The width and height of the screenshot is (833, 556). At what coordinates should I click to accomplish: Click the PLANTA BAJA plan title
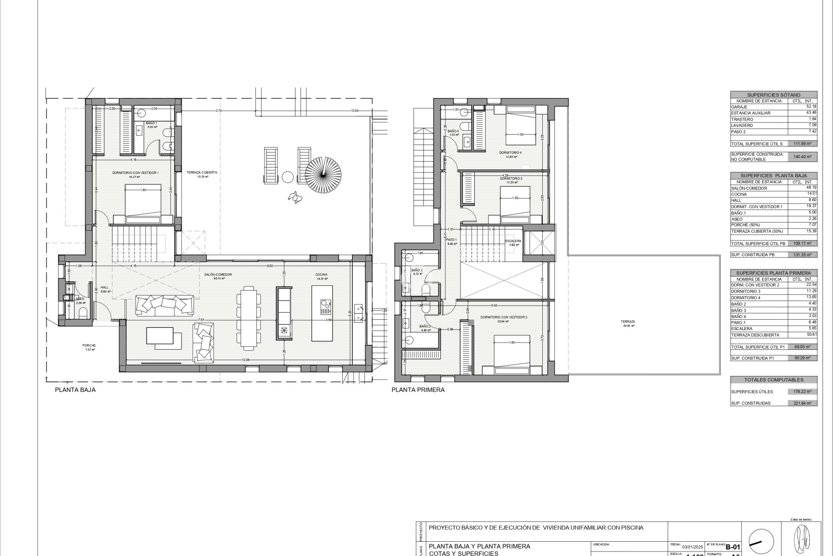tap(75, 390)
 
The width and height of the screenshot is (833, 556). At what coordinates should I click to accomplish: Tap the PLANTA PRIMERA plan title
tap(418, 390)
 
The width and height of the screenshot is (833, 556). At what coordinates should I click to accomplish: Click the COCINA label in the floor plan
tap(321, 275)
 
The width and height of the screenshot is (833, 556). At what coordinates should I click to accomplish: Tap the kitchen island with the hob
tap(322, 313)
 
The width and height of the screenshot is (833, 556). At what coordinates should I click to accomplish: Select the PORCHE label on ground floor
tap(89, 345)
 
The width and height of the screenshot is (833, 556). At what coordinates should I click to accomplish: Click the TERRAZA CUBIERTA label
tap(201, 172)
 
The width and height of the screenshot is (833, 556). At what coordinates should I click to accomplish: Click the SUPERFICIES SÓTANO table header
tap(774, 95)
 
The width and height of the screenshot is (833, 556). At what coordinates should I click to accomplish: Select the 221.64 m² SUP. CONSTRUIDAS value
tap(802, 403)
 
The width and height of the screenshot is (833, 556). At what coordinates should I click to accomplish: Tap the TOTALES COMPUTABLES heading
tap(774, 380)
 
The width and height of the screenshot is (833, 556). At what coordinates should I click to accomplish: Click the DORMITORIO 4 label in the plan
tap(510, 152)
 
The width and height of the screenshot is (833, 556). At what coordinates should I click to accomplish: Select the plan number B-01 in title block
tap(733, 547)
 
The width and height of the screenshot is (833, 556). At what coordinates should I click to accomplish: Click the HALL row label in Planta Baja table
tap(736, 201)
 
